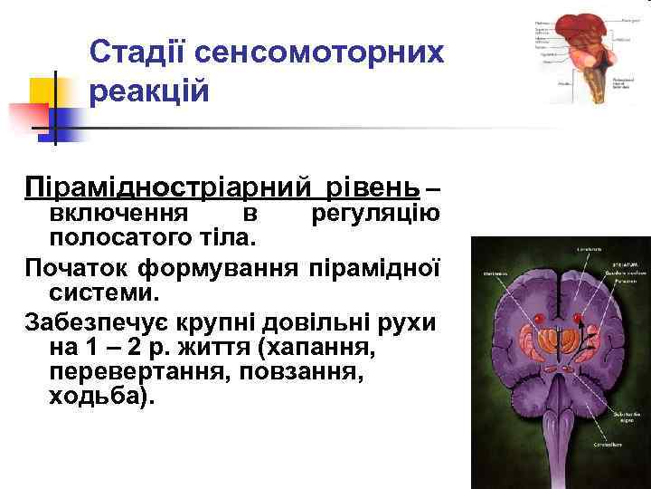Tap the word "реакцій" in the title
(x=150, y=91)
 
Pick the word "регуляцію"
(x=375, y=214)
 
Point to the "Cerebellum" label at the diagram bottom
(x=613, y=446)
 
